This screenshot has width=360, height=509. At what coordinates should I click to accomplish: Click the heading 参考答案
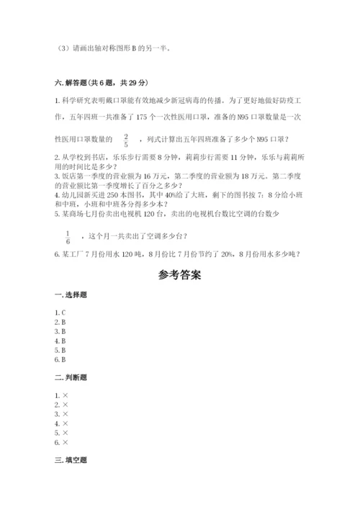click(x=180, y=275)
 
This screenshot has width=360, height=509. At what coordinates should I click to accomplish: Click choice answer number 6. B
click(x=60, y=359)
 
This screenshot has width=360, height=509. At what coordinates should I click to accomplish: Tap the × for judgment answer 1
click(x=66, y=395)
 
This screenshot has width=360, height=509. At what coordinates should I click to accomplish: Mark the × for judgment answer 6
click(x=66, y=442)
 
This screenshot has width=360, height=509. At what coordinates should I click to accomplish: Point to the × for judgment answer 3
click(x=66, y=414)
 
